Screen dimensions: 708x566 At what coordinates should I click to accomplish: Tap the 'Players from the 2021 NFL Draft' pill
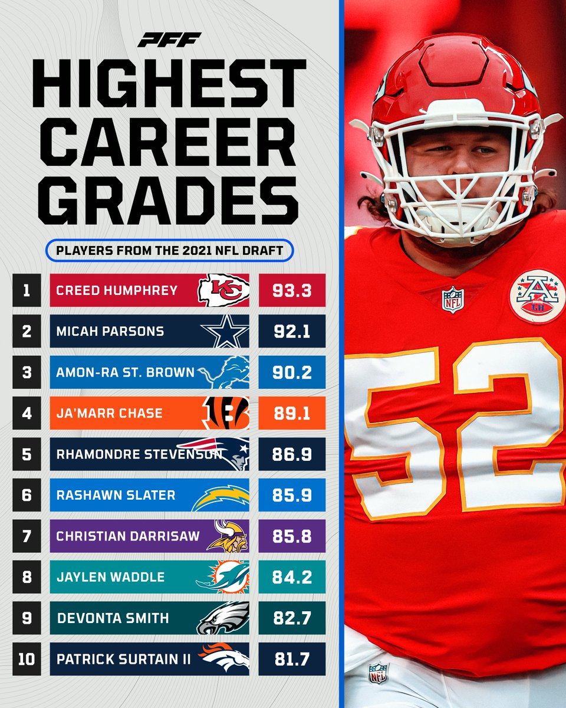pyautogui.click(x=169, y=249)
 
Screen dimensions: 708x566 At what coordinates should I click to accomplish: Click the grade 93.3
pyautogui.click(x=292, y=290)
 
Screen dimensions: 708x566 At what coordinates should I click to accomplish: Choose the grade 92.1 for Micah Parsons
pyautogui.click(x=292, y=331)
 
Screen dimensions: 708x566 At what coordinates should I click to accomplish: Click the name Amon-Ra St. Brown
pyautogui.click(x=124, y=372)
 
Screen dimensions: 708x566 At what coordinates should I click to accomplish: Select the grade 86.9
pyautogui.click(x=292, y=454)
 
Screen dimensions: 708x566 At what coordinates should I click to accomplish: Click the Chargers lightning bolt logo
pyautogui.click(x=221, y=497)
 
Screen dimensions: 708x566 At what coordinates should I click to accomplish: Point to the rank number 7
pyautogui.click(x=26, y=536)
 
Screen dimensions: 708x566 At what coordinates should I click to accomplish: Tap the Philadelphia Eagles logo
pyautogui.click(x=223, y=618)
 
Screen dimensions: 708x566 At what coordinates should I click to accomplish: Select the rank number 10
pyautogui.click(x=26, y=659)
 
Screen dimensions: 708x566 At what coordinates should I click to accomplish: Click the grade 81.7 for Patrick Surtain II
pyautogui.click(x=292, y=659)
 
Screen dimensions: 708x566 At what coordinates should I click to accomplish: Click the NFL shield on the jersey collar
pyautogui.click(x=453, y=299)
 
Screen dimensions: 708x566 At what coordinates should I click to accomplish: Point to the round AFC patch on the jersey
pyautogui.click(x=537, y=296)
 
